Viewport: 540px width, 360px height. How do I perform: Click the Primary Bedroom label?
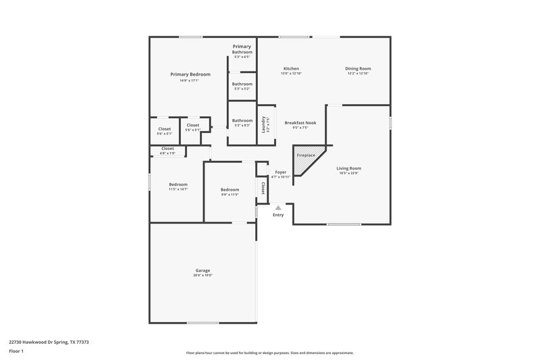[190, 74]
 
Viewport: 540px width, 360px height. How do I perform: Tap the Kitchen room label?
[291, 69]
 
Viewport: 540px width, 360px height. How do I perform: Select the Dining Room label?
[358, 69]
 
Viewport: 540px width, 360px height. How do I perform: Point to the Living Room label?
[350, 168]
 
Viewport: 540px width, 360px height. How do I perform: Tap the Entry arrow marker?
[277, 207]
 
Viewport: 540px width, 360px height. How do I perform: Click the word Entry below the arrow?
[278, 215]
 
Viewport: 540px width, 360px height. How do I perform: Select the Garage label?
[203, 269]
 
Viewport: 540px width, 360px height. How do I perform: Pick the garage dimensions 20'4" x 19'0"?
[203, 276]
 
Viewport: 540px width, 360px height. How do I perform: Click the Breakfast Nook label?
[296, 123]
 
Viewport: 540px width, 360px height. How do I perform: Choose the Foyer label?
[280, 172]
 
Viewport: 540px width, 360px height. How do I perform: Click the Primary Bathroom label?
[242, 49]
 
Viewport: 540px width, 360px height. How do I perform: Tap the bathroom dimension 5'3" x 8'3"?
[242, 126]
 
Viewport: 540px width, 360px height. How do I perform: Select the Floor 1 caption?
[17, 352]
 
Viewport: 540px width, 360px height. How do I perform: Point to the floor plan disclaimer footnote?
[269, 353]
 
